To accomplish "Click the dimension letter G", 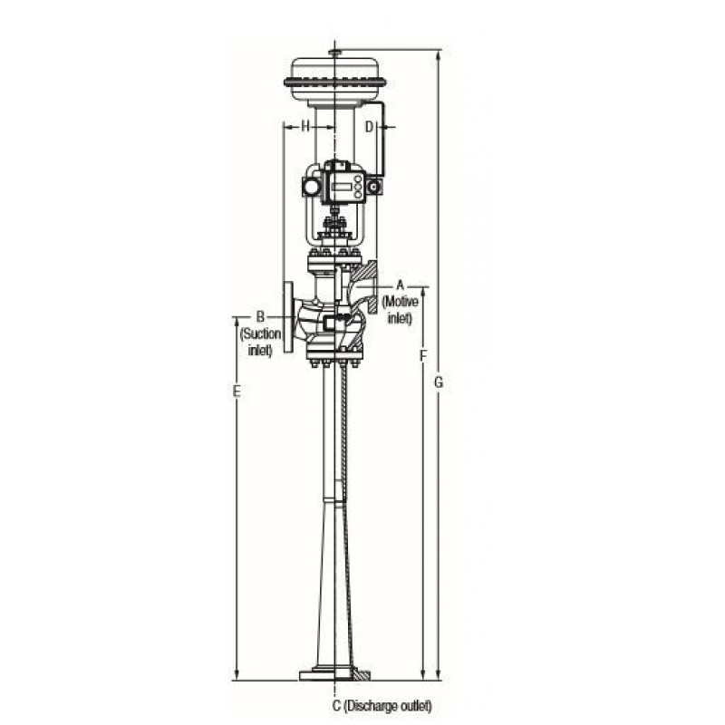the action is pyautogui.click(x=439, y=382).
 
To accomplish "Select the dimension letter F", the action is pyautogui.click(x=422, y=355).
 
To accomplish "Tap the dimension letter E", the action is pyautogui.click(x=237, y=391).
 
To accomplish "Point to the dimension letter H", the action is pyautogui.click(x=305, y=126).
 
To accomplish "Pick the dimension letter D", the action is pyautogui.click(x=369, y=127).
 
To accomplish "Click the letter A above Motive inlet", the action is pyautogui.click(x=401, y=285).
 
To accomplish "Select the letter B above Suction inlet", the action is pyautogui.click(x=260, y=316).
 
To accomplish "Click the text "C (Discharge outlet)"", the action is pyautogui.click(x=382, y=706).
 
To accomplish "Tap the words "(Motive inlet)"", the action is pyautogui.click(x=401, y=310).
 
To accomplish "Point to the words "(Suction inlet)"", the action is pyautogui.click(x=260, y=342).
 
